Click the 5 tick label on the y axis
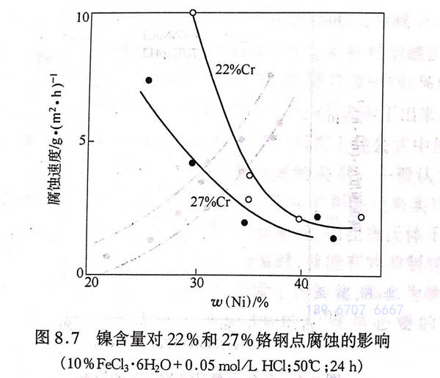click(x=84, y=141)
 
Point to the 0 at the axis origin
click(x=84, y=273)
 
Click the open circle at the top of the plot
click(x=193, y=12)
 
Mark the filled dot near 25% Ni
click(x=149, y=80)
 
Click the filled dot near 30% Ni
click(x=192, y=163)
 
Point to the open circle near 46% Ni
click(x=361, y=218)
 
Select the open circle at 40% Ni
click(x=298, y=219)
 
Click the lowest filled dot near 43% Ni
click(x=334, y=238)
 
